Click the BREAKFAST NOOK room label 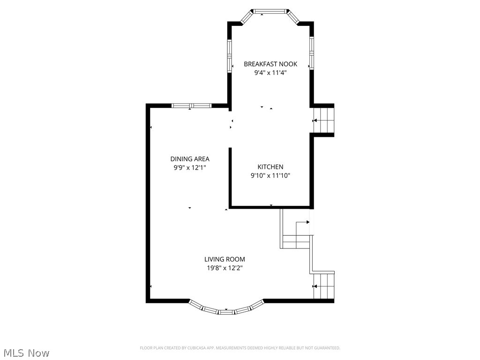click(x=270, y=64)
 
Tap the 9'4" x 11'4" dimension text click(x=270, y=73)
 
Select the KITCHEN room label click(x=270, y=167)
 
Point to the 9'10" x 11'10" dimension click(x=270, y=176)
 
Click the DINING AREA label click(x=190, y=159)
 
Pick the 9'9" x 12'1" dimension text click(x=190, y=168)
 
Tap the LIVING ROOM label click(x=225, y=259)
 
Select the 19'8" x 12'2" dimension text click(x=225, y=268)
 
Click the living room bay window click(x=226, y=310)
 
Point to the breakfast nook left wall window click(x=230, y=55)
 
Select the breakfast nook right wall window click(x=311, y=52)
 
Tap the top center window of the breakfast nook click(x=270, y=11)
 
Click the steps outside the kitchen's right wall click(x=324, y=121)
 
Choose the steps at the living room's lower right click(x=324, y=286)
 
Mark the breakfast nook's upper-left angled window click(x=247, y=17)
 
